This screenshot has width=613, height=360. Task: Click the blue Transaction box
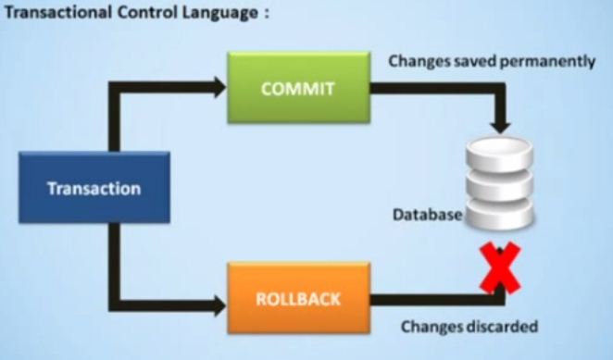[x=94, y=189]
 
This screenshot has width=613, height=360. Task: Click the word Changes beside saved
[x=417, y=62]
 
